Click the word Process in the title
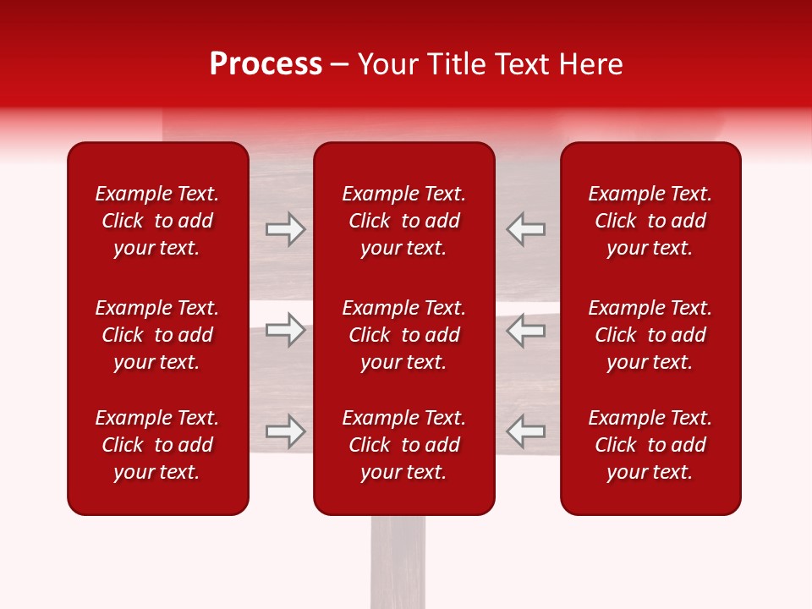pyautogui.click(x=266, y=64)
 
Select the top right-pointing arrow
pyautogui.click(x=286, y=229)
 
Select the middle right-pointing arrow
pyautogui.click(x=286, y=330)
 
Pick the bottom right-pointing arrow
pyautogui.click(x=286, y=431)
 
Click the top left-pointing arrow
pyautogui.click(x=526, y=229)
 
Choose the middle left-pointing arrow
pyautogui.click(x=526, y=330)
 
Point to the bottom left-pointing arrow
pyautogui.click(x=526, y=431)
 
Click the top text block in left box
pyautogui.click(x=157, y=221)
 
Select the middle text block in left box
pyautogui.click(x=157, y=335)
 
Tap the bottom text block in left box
pyautogui.click(x=157, y=445)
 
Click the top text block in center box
pyautogui.click(x=404, y=221)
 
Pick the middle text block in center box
pyautogui.click(x=404, y=335)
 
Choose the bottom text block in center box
pyautogui.click(x=404, y=445)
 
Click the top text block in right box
pyautogui.click(x=650, y=221)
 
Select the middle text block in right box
pyautogui.click(x=650, y=335)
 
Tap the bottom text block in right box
pyautogui.click(x=650, y=445)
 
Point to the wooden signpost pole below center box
pyautogui.click(x=398, y=562)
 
